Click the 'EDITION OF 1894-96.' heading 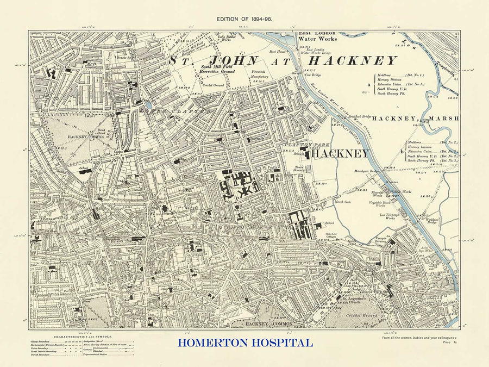coord(244,18)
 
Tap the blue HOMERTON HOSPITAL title coord(244,343)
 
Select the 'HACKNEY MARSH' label coord(416,118)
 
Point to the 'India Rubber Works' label coord(229,39)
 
